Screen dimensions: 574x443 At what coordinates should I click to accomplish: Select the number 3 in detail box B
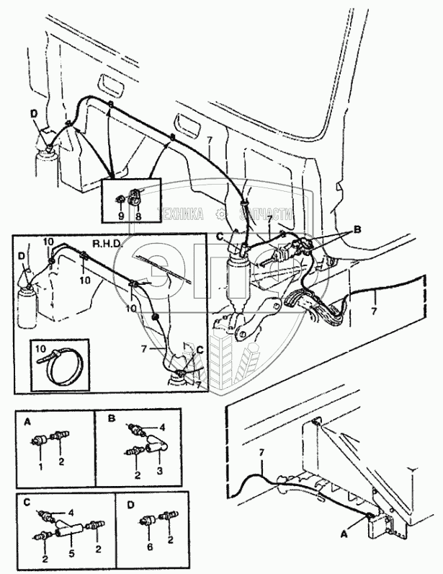tap(157, 470)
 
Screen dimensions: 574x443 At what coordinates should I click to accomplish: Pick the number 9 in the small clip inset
tap(121, 216)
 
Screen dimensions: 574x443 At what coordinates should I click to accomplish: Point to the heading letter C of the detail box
tap(26, 501)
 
